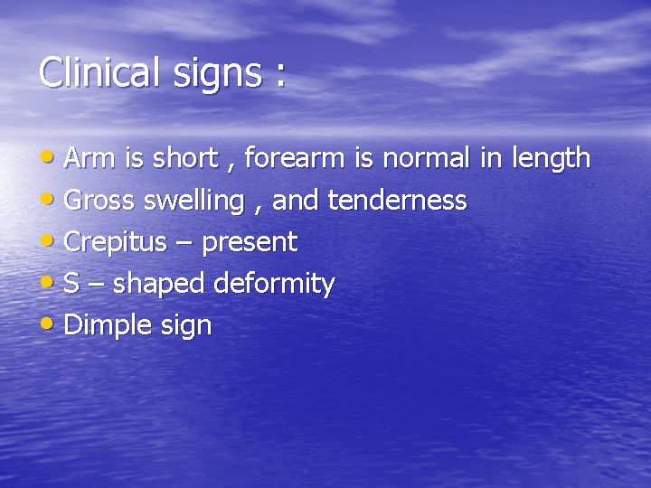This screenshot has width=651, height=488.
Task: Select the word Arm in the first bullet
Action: tap(84, 159)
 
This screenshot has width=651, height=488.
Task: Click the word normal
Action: tap(425, 159)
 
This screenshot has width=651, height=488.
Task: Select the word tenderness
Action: tap(397, 201)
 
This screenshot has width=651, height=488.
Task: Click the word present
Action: tap(249, 243)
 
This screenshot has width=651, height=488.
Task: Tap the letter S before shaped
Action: tap(71, 284)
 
